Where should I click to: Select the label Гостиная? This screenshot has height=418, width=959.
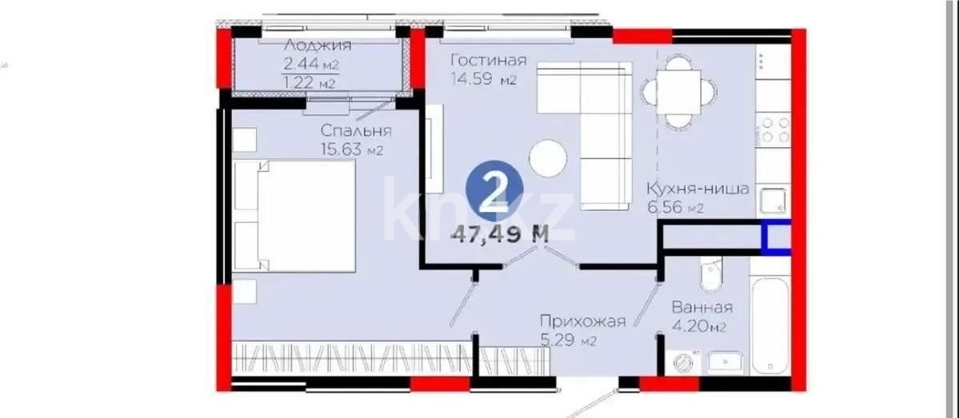487,61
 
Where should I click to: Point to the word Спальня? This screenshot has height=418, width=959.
356,130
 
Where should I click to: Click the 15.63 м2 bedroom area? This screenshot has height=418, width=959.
351,149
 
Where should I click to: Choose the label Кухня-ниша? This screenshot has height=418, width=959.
697,190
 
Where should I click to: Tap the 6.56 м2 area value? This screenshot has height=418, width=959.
675,209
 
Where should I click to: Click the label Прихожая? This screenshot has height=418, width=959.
581,322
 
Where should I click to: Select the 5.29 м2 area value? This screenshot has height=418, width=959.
567,341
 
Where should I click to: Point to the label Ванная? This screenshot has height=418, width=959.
701,308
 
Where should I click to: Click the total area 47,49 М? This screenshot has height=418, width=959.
500,234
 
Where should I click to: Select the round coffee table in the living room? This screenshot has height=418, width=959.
549,159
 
